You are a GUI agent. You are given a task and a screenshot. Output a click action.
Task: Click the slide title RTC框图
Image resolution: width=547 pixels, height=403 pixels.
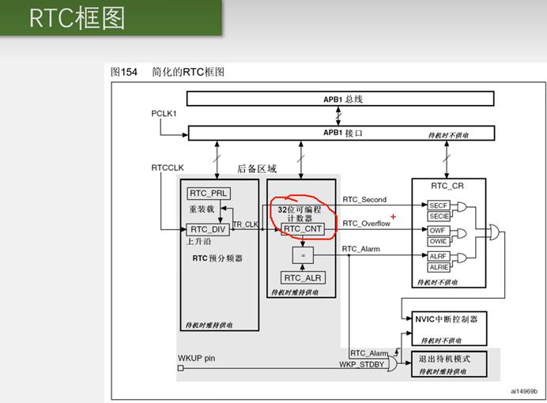point(77,18)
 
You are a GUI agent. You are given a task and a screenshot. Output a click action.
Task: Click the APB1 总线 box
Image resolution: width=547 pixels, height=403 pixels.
point(340,99)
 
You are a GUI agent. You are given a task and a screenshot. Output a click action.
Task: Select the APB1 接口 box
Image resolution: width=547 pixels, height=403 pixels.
point(340,133)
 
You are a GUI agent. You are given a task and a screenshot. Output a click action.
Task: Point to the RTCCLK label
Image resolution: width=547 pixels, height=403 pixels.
point(168,168)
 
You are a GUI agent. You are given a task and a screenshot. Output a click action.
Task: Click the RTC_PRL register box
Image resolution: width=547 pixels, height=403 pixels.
point(208,194)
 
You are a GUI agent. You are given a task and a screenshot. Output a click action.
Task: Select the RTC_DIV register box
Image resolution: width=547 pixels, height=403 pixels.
point(208,229)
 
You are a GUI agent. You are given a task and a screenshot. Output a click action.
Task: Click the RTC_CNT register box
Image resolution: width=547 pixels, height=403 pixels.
point(302,228)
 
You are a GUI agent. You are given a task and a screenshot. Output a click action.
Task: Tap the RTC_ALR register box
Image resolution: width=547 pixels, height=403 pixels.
point(302,277)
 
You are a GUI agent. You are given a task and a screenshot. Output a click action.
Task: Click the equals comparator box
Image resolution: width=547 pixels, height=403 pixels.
point(302,255)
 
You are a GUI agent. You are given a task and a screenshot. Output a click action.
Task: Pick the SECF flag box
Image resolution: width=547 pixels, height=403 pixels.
point(439,205)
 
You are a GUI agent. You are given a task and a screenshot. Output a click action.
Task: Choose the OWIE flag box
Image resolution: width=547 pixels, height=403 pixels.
point(439,241)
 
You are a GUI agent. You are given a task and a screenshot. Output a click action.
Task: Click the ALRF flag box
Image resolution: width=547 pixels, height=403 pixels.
point(439,255)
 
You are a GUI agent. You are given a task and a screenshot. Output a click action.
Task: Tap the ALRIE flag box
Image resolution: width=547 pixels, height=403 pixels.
point(439,266)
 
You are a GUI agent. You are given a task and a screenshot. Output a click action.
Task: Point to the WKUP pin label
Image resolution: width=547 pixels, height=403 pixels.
point(198,359)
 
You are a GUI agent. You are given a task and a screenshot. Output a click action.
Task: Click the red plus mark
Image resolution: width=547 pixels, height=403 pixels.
point(393,216)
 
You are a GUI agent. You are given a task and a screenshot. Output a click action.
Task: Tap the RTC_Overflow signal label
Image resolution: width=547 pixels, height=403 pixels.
point(365,224)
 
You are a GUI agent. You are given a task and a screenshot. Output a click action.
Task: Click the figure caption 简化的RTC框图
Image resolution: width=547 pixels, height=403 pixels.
point(188,72)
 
